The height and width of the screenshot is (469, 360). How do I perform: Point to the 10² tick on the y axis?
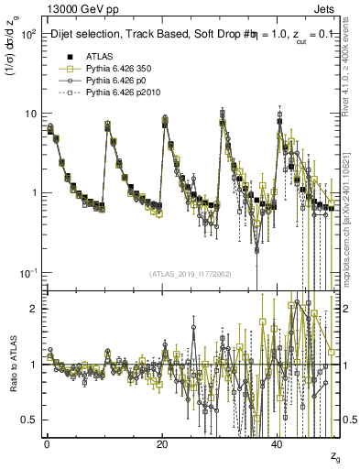tap(30, 34)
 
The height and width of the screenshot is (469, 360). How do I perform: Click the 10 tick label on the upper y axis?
tap(32, 114)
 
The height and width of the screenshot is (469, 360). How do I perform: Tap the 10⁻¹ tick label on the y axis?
tap(29, 273)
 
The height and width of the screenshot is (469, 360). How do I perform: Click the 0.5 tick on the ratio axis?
tap(32, 420)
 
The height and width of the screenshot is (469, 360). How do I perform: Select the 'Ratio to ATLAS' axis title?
tap(13, 365)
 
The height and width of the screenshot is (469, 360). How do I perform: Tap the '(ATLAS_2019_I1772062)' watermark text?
tap(191, 274)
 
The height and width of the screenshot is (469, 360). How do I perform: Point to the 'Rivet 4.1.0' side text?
tap(350, 73)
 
